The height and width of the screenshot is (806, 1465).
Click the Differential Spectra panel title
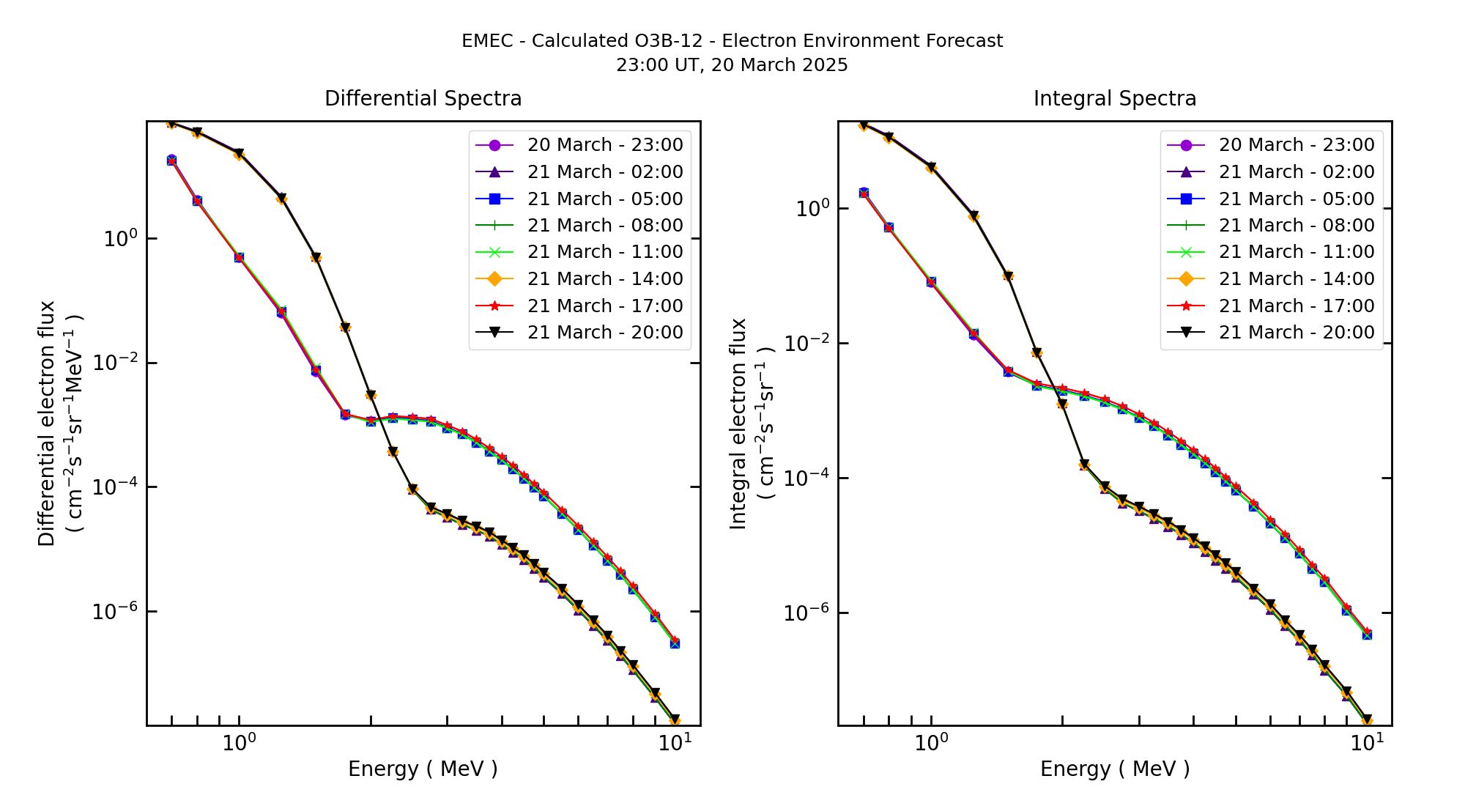click(x=423, y=99)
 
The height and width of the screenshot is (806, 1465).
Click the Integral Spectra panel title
click(x=1114, y=99)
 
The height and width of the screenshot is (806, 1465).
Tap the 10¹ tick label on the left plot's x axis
click(x=672, y=742)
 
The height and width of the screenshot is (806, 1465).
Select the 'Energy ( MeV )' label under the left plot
click(x=423, y=769)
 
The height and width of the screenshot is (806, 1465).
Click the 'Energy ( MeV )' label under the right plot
click(x=1114, y=769)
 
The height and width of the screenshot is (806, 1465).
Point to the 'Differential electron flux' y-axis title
click(x=47, y=424)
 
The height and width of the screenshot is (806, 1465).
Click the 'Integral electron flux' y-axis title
click(x=738, y=424)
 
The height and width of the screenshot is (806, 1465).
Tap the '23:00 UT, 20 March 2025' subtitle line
click(x=732, y=65)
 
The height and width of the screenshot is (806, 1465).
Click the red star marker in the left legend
click(x=494, y=306)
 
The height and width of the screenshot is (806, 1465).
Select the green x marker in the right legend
click(x=1186, y=253)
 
